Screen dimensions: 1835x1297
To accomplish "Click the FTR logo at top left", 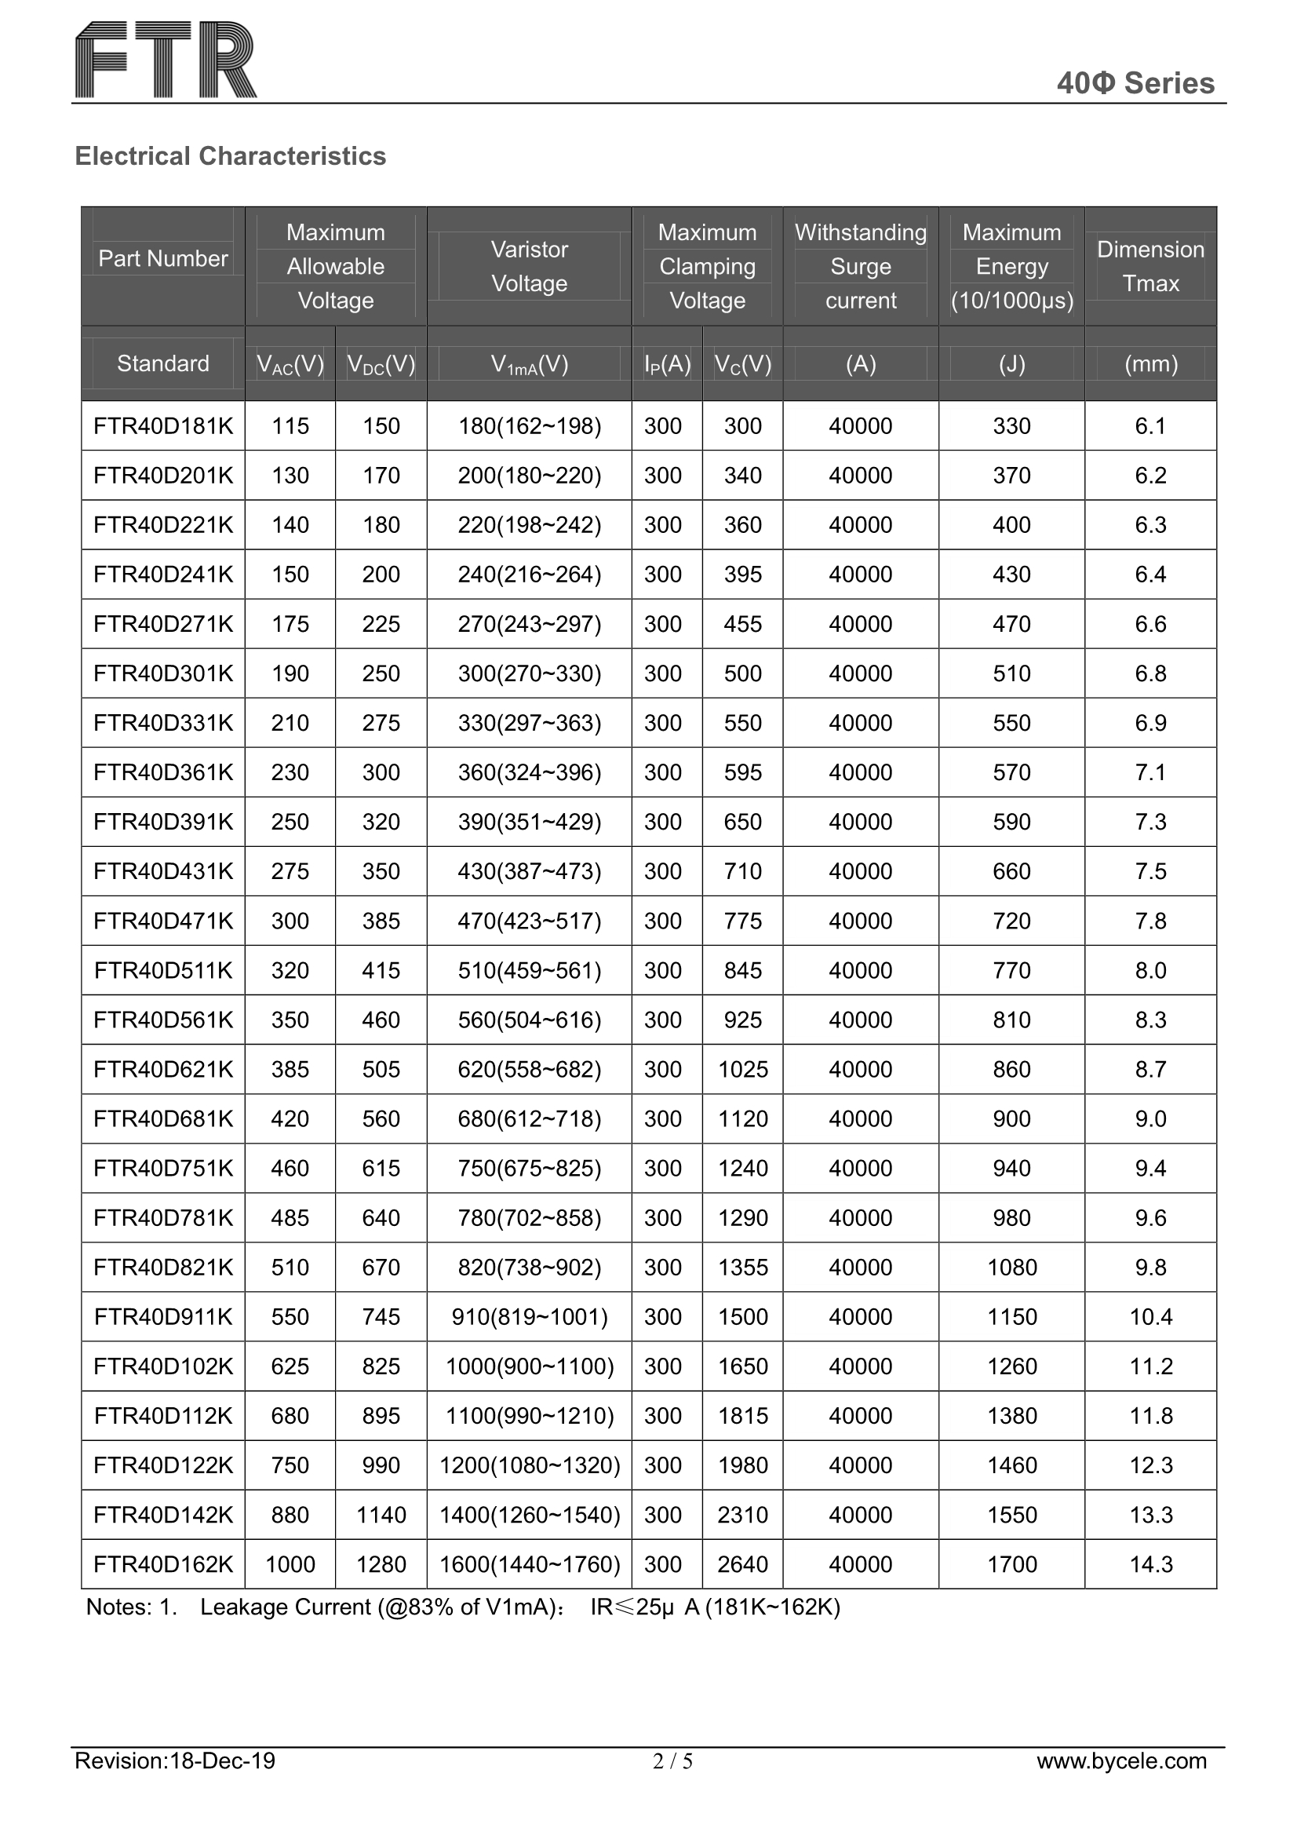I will (166, 60).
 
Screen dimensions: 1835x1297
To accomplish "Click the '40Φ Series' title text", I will (1135, 83).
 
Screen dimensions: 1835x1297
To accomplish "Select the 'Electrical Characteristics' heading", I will (230, 156).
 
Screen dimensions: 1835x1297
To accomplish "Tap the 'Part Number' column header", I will (163, 258).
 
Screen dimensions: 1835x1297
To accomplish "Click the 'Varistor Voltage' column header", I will (529, 266).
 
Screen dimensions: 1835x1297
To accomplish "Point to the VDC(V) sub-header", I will (381, 364).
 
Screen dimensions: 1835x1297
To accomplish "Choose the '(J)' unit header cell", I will (1011, 364).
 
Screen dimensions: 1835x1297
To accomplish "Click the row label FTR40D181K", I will (163, 426).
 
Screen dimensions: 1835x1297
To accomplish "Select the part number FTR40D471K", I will (163, 921).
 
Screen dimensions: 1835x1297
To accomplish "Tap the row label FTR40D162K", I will (163, 1564).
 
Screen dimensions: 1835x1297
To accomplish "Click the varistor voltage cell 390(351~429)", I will (529, 822).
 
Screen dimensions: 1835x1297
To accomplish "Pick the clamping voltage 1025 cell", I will (742, 1069).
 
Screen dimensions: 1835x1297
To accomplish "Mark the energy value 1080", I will (1011, 1268).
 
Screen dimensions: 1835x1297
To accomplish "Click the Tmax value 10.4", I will (1151, 1317).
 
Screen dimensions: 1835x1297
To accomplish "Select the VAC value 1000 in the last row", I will (290, 1564).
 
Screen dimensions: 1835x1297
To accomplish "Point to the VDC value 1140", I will (381, 1515).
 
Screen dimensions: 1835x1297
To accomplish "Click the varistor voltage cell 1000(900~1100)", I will (529, 1366).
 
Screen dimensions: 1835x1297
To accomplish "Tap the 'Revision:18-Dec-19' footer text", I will (175, 1783).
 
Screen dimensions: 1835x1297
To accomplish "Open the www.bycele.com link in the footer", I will (1121, 1783).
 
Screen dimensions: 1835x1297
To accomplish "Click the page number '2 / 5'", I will (672, 1783).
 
